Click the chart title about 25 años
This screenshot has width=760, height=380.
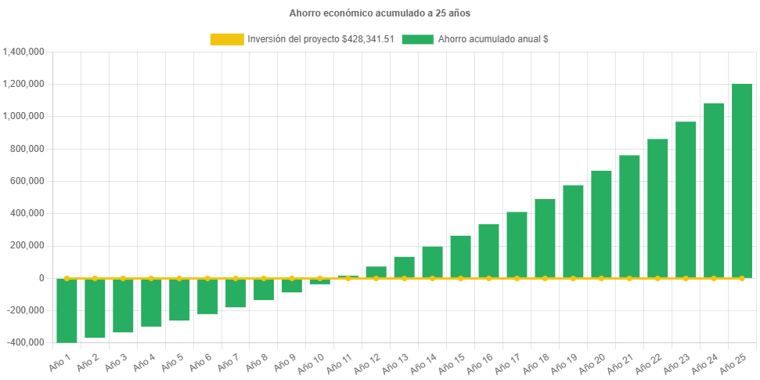pyautogui.click(x=380, y=13)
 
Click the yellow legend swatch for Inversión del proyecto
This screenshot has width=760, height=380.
pyautogui.click(x=227, y=39)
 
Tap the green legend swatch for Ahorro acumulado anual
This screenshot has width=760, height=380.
pyautogui.click(x=417, y=39)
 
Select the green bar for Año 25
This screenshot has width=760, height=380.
pyautogui.click(x=741, y=180)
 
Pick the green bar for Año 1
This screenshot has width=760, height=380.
pyautogui.click(x=67, y=310)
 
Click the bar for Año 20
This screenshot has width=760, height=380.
pyautogui.click(x=601, y=223)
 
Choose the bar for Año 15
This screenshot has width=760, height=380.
pyautogui.click(x=460, y=256)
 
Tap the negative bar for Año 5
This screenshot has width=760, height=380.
pyautogui.click(x=179, y=299)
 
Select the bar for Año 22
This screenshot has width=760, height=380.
pyautogui.click(x=657, y=208)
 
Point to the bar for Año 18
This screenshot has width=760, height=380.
pyautogui.click(x=545, y=238)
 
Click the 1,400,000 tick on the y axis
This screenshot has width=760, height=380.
pyautogui.click(x=23, y=52)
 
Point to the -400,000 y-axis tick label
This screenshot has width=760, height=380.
pyautogui.click(x=25, y=342)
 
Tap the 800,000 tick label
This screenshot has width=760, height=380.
pyautogui.click(x=28, y=149)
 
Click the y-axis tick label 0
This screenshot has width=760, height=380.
pyautogui.click(x=41, y=278)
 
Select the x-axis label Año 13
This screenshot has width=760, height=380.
pyautogui.click(x=394, y=365)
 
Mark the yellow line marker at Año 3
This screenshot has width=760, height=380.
pyautogui.click(x=123, y=278)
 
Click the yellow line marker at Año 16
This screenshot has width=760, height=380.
pyautogui.click(x=488, y=278)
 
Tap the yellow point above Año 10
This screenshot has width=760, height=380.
pyautogui.click(x=320, y=278)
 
